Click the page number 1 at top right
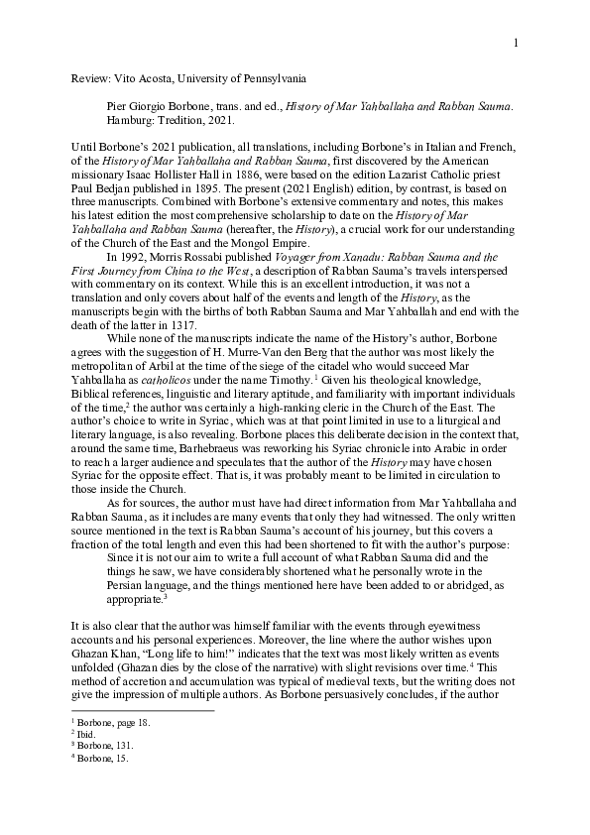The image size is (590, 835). [x=516, y=43]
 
